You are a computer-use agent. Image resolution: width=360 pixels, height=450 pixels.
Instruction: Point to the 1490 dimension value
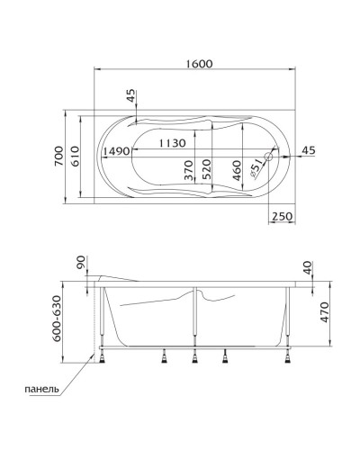click(x=118, y=151)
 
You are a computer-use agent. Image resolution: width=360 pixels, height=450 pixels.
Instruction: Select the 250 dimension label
click(x=282, y=216)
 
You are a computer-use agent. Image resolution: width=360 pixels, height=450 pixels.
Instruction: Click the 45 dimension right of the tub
click(x=308, y=149)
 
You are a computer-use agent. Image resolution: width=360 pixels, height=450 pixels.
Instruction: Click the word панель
click(x=42, y=389)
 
